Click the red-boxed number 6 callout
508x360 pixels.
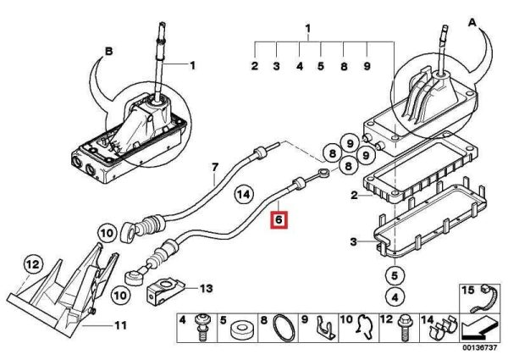click(x=279, y=220)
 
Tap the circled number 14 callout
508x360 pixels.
click(x=244, y=195)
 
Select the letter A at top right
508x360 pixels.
click(x=472, y=23)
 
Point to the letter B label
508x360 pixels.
click(x=109, y=51)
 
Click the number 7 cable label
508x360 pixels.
click(x=215, y=168)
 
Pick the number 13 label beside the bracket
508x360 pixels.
click(x=206, y=288)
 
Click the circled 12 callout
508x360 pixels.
click(x=32, y=264)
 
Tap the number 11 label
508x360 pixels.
click(x=120, y=325)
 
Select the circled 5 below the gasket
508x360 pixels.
click(x=395, y=276)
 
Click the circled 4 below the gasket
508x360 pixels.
click(x=395, y=296)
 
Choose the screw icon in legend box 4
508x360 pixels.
click(x=202, y=327)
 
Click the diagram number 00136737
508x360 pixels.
click(x=479, y=347)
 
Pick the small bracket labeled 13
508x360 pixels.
click(x=166, y=290)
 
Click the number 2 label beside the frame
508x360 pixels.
click(x=354, y=196)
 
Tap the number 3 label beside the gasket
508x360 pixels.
click(x=353, y=241)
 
